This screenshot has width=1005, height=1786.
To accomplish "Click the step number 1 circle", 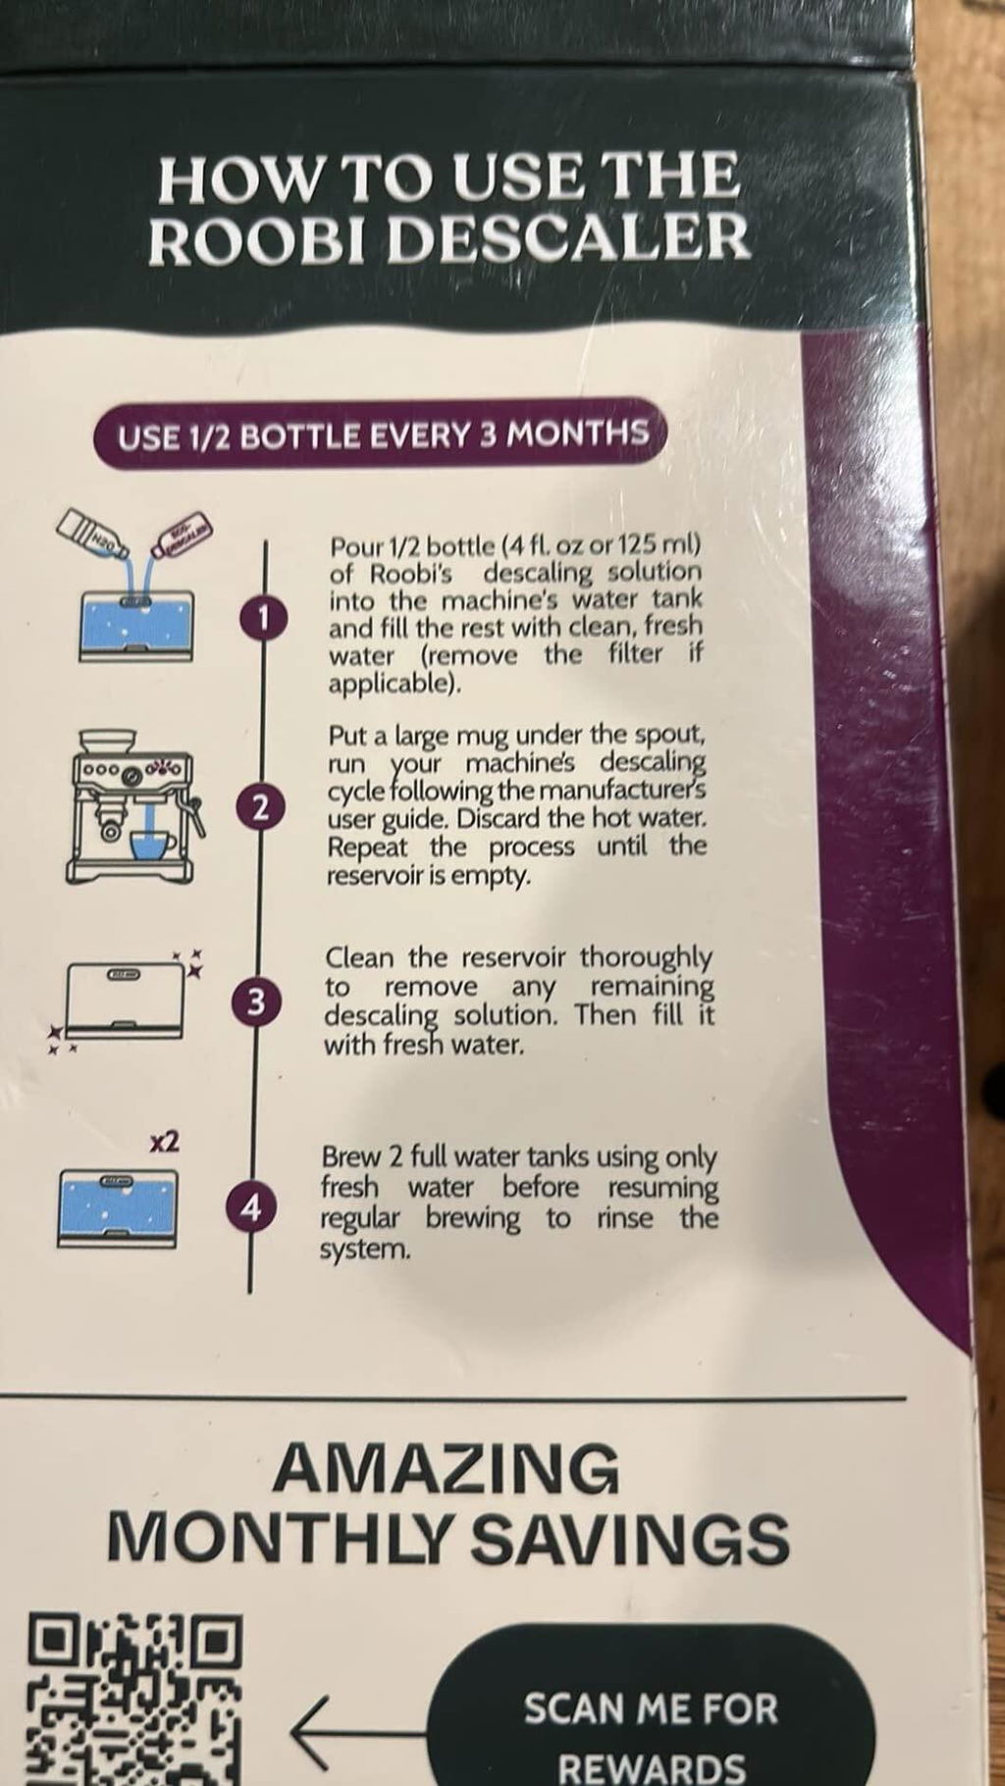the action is [261, 617].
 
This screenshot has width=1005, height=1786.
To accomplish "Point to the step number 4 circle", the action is [252, 1208].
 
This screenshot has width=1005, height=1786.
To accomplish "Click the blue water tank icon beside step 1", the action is [136, 628].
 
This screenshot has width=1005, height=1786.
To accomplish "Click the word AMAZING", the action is [446, 1469].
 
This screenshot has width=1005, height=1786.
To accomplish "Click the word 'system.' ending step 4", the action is [365, 1250].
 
